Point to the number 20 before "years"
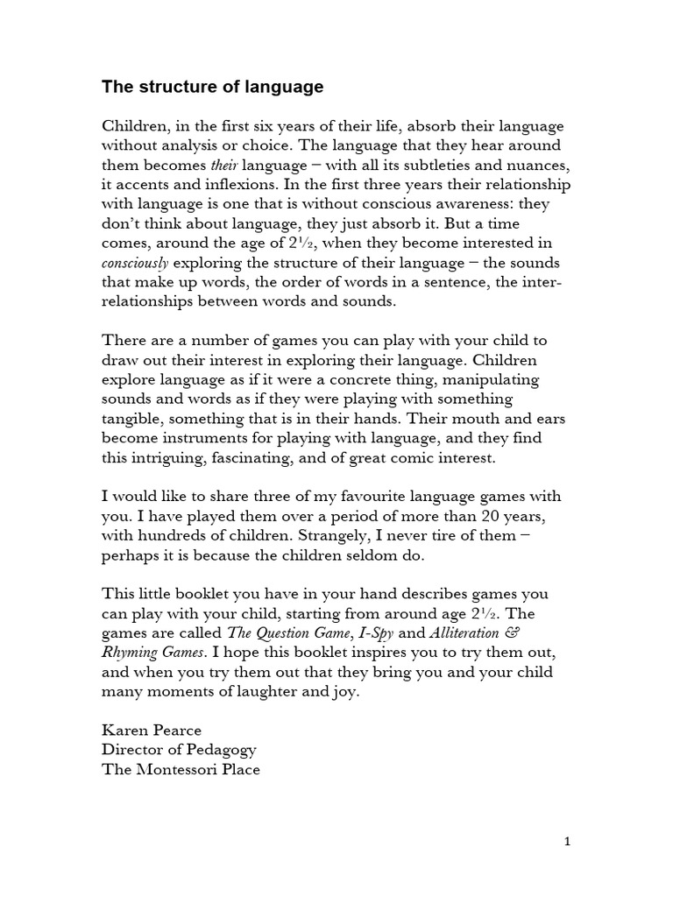pos(495,517)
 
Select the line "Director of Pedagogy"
pos(179,751)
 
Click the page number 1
pos(568,842)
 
